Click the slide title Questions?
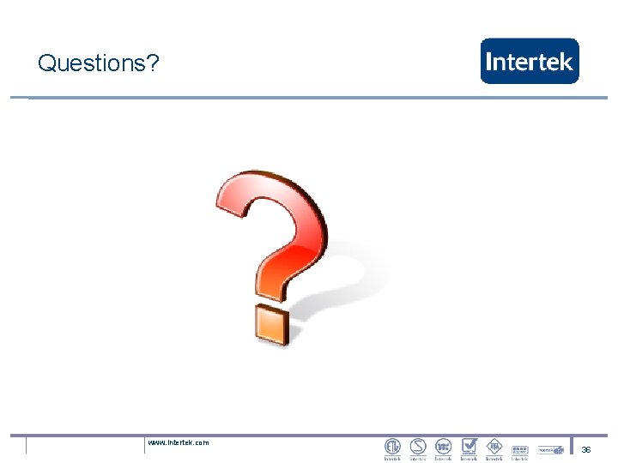[99, 63]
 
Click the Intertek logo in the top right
[530, 61]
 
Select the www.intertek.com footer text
[178, 442]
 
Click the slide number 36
[586, 449]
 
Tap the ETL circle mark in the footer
[392, 446]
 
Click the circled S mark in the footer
[418, 446]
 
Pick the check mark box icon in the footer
[469, 446]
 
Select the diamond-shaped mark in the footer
[494, 446]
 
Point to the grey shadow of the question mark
[343, 274]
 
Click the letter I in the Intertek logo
[489, 62]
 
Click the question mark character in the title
[153, 63]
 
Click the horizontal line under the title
[309, 98]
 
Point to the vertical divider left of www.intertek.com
[144, 445]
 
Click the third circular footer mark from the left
[443, 446]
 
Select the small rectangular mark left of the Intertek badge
[518, 448]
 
